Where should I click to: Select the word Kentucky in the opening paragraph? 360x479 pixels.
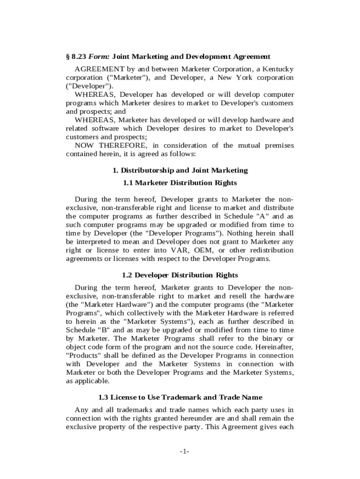(279, 69)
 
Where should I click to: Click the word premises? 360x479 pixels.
(279, 145)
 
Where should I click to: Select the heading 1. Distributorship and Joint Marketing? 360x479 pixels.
(180, 170)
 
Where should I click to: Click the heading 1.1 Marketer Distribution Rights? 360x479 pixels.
(180, 183)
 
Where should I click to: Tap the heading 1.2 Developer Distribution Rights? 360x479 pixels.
(180, 275)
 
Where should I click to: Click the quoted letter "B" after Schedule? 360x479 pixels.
(105, 330)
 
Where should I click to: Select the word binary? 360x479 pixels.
(273, 338)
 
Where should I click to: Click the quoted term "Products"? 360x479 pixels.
(83, 355)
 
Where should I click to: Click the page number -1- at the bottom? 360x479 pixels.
(184, 451)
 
